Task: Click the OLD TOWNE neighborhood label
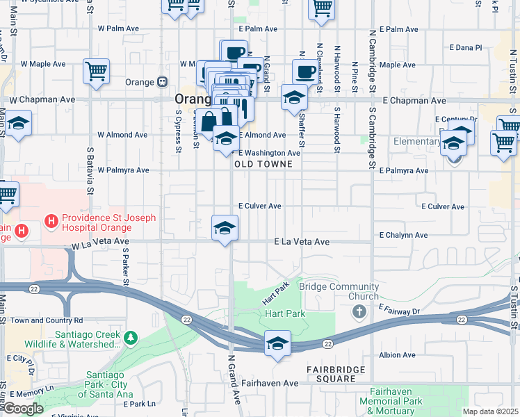tap(258, 164)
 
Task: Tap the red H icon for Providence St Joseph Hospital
tap(50, 222)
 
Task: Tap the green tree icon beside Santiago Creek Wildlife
tap(130, 338)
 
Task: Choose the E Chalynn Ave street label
tap(402, 236)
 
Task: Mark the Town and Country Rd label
tap(47, 320)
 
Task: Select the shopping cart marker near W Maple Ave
tap(96, 70)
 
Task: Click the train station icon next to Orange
tap(162, 82)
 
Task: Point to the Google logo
tap(23, 409)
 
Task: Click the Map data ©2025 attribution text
tap(491, 411)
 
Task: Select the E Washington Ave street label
tap(269, 153)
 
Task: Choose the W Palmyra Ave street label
tap(123, 170)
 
